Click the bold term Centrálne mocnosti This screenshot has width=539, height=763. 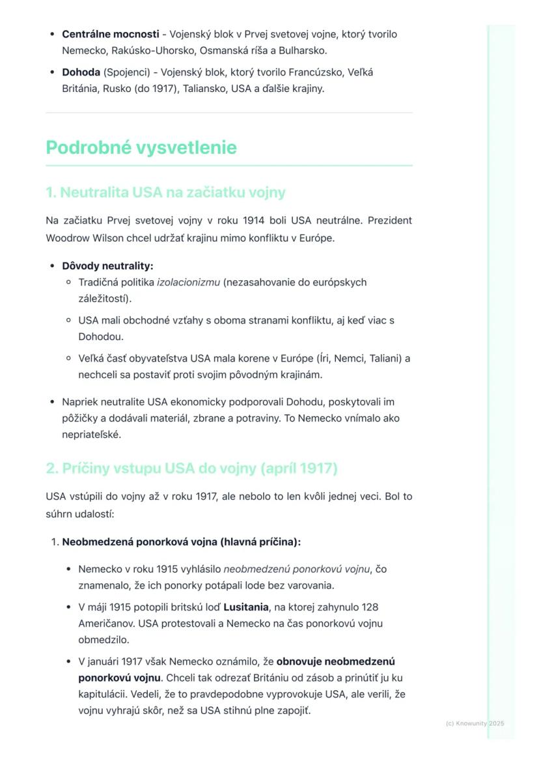tap(111, 34)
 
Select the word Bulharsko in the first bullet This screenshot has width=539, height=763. tap(304, 50)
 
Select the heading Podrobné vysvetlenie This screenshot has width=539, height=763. tap(141, 148)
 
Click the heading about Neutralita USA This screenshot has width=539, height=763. tap(165, 193)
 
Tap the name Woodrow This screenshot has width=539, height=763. tap(67, 238)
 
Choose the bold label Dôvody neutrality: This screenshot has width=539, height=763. tap(107, 266)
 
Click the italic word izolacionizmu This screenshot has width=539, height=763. tap(188, 283)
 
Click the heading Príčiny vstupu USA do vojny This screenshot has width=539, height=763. tap(191, 468)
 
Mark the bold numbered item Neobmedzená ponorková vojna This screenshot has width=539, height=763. tap(181, 542)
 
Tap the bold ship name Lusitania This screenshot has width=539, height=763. tap(246, 607)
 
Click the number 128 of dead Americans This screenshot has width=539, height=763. tap(369, 607)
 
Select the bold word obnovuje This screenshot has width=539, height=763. tap(299, 661)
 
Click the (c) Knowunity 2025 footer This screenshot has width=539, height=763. tap(475, 723)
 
